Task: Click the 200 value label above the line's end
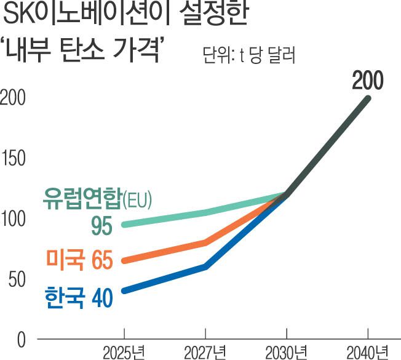point(367,81)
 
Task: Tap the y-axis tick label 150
point(12,159)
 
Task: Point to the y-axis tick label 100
point(12,219)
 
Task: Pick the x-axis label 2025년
point(124,353)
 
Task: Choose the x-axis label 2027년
point(205,353)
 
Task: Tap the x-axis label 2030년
point(286,353)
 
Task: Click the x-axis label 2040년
point(367,353)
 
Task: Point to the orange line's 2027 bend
point(205,242)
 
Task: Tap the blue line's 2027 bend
point(205,266)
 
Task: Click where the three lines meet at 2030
point(287,194)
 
